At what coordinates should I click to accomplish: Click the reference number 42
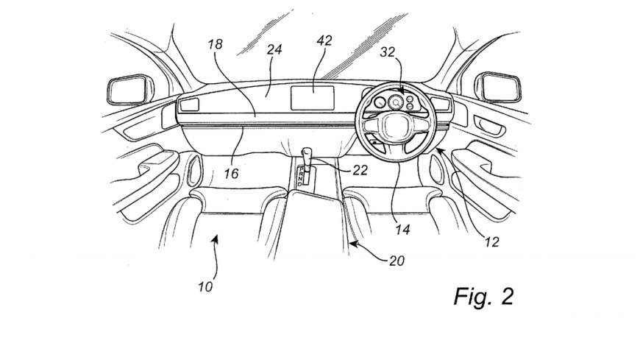click(x=324, y=42)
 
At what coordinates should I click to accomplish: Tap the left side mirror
click(x=129, y=89)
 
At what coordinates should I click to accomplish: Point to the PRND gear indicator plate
click(x=302, y=176)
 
